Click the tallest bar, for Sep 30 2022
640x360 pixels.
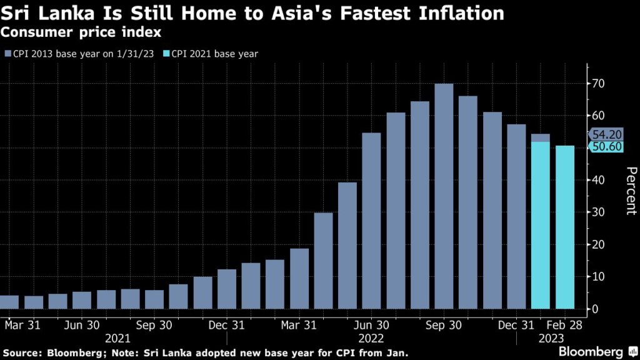pyautogui.click(x=444, y=196)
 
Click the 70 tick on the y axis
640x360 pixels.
pyautogui.click(x=599, y=83)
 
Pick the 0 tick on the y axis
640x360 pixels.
pyautogui.click(x=596, y=309)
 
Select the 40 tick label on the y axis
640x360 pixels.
pyautogui.click(x=599, y=180)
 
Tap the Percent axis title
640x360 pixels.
pyautogui.click(x=631, y=191)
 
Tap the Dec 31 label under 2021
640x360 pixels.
pyautogui.click(x=226, y=325)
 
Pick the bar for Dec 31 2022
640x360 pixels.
pyautogui.click(x=516, y=216)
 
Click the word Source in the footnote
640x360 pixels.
pyautogui.click(x=22, y=351)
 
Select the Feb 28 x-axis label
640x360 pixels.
pyautogui.click(x=565, y=325)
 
